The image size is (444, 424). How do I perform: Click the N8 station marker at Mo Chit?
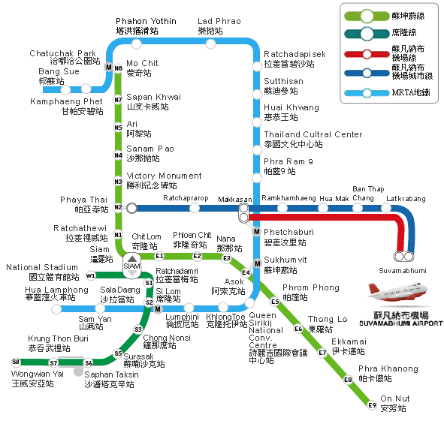(118, 68)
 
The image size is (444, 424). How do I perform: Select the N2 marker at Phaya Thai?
(118, 207)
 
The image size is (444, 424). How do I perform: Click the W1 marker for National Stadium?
(91, 275)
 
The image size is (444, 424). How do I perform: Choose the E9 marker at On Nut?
(371, 406)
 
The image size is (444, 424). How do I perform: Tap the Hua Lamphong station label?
(56, 293)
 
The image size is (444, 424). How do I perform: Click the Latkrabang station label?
(405, 198)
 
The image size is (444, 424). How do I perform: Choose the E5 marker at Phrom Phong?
(275, 302)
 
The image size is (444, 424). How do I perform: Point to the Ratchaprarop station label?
(185, 198)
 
